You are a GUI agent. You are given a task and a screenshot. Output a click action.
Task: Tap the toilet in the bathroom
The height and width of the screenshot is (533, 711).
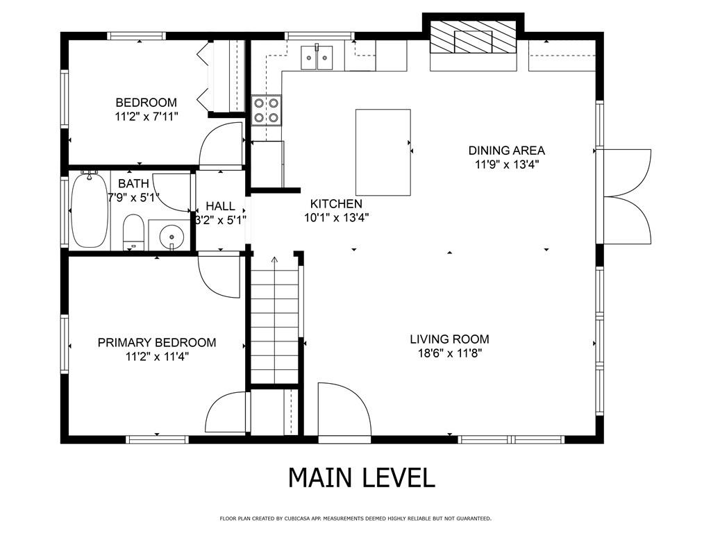(x=133, y=232)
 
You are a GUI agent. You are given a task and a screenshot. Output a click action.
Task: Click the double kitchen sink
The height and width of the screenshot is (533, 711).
(x=317, y=57)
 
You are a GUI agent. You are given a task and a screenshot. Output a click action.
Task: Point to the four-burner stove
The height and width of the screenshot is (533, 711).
(x=267, y=110)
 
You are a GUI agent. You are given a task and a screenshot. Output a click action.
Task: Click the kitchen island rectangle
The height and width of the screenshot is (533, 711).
(x=383, y=152)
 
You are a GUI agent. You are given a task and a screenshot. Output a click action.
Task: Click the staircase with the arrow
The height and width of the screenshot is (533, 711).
(x=274, y=323)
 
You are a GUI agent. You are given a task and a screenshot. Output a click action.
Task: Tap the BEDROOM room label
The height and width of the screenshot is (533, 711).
(x=146, y=103)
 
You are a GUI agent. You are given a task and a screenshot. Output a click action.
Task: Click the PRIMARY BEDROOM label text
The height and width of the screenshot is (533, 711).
(x=156, y=343)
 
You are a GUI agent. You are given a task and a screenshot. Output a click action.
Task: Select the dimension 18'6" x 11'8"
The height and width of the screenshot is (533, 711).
(x=449, y=353)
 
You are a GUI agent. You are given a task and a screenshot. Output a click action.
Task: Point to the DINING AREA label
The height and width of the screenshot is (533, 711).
(x=506, y=151)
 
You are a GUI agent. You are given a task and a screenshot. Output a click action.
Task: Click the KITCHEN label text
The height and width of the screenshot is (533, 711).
(x=336, y=204)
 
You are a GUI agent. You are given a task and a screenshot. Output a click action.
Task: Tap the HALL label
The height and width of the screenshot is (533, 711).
(x=220, y=207)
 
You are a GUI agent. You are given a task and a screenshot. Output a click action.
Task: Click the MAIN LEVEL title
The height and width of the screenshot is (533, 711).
(x=361, y=477)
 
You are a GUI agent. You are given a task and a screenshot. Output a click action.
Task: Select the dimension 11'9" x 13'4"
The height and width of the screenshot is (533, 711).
(x=506, y=165)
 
